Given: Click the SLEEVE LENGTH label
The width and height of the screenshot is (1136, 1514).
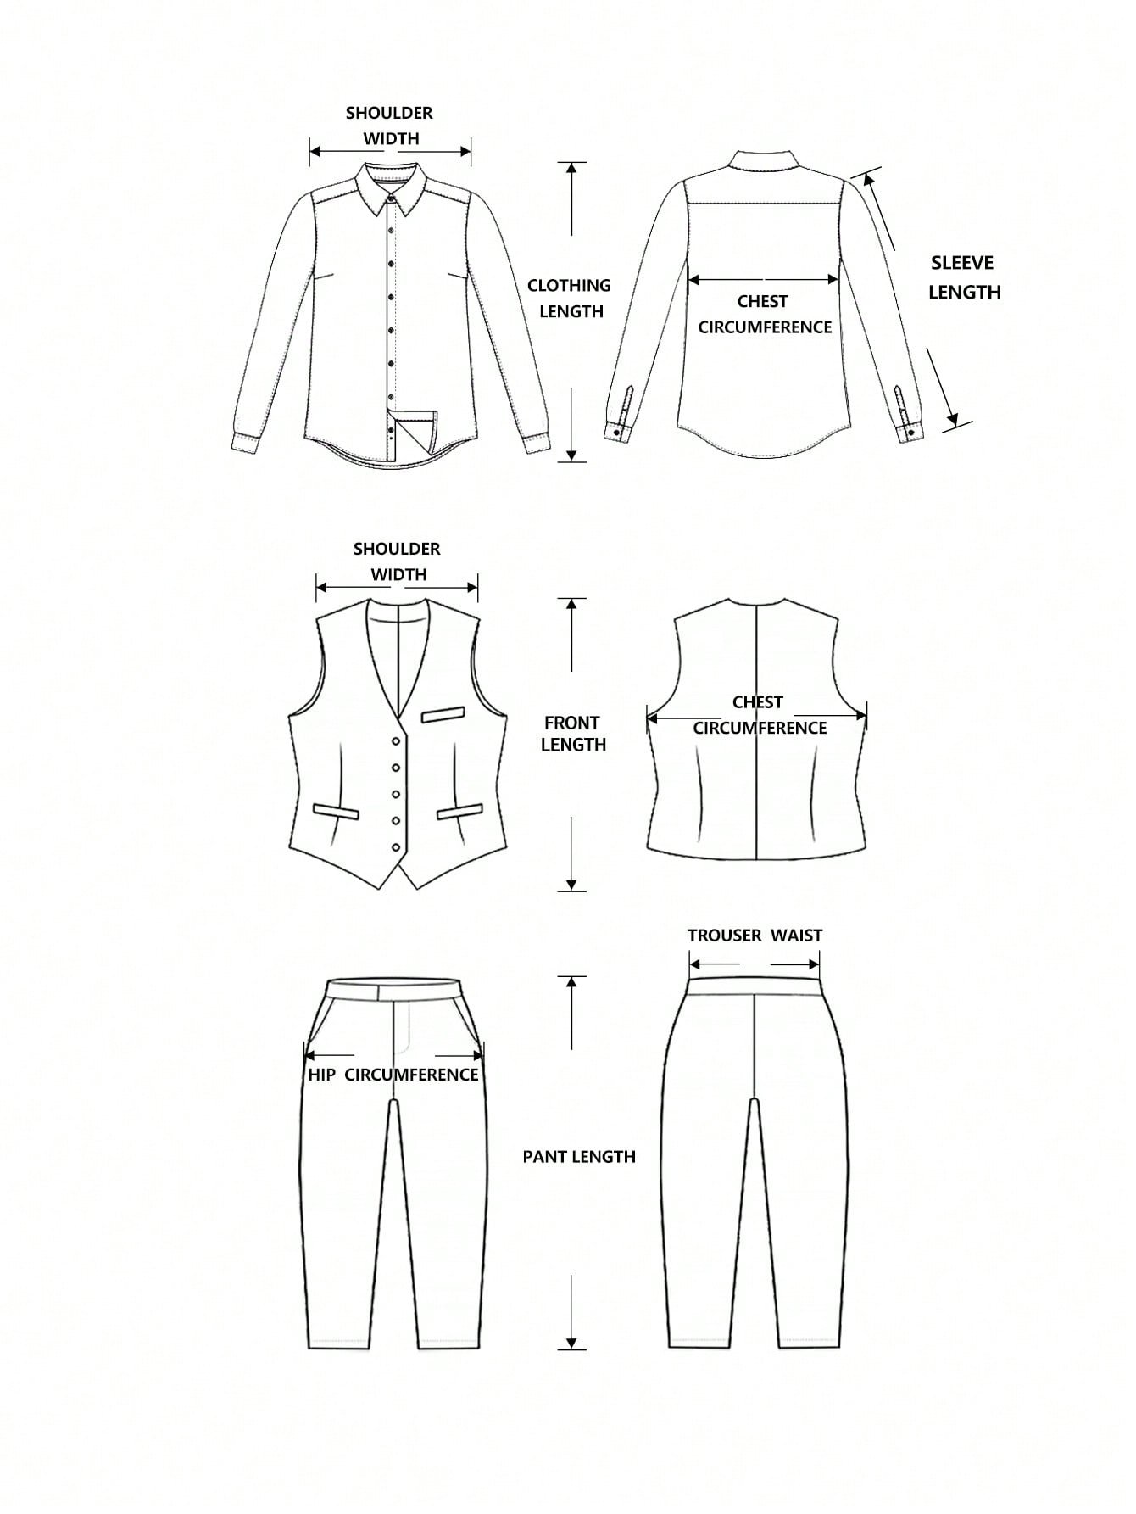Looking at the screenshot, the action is click(x=964, y=277).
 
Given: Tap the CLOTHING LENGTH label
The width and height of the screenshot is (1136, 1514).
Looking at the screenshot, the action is click(x=569, y=298).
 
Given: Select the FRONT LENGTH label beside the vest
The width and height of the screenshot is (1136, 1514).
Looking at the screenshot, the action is click(x=573, y=734).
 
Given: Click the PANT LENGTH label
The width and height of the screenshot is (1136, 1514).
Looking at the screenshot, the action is click(x=579, y=1156).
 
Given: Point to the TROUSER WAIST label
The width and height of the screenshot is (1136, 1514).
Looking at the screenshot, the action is click(x=755, y=935).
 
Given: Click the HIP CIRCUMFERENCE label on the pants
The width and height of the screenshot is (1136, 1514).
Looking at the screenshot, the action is click(x=393, y=1075).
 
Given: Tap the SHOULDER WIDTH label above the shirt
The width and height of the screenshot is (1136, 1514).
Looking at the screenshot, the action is click(x=390, y=126).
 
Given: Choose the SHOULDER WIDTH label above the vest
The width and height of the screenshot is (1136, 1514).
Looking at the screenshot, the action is click(x=398, y=561).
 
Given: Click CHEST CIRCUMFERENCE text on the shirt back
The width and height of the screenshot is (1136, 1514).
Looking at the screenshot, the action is click(x=764, y=314).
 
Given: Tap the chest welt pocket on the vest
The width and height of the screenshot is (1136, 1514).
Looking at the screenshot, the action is click(x=444, y=715).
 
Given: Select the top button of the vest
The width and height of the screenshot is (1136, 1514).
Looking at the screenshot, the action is click(x=396, y=741).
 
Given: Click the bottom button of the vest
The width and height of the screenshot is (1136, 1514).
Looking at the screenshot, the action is click(x=396, y=847).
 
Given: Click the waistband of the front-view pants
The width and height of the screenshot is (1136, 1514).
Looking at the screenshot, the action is click(x=394, y=989).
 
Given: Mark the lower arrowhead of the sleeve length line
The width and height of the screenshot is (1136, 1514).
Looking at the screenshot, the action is click(x=953, y=418).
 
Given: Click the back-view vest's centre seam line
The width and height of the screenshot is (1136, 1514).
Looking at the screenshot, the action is click(x=755, y=730).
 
